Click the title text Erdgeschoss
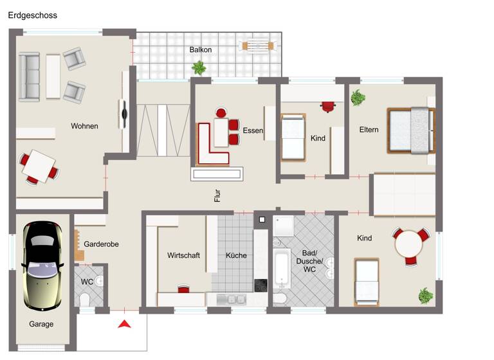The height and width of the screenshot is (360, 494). click(x=33, y=15)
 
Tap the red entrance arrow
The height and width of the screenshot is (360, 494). click(x=124, y=324)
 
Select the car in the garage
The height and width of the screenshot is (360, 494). click(x=41, y=264)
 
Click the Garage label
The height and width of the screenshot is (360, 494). click(x=41, y=324)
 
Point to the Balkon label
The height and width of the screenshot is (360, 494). click(x=200, y=50)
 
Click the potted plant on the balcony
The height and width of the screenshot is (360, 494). click(x=199, y=67)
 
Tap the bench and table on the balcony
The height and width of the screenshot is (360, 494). click(x=257, y=46)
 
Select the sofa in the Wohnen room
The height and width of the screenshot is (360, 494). click(x=29, y=77)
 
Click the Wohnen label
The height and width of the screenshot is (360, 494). click(x=84, y=126)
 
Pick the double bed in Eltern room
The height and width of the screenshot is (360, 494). click(x=410, y=130)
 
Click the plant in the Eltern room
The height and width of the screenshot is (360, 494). click(x=358, y=98)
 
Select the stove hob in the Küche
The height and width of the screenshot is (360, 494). click(x=261, y=285)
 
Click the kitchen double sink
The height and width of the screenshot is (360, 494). click(x=231, y=299)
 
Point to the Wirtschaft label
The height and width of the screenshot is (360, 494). click(x=183, y=255)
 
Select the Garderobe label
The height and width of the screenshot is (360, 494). click(x=101, y=244)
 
